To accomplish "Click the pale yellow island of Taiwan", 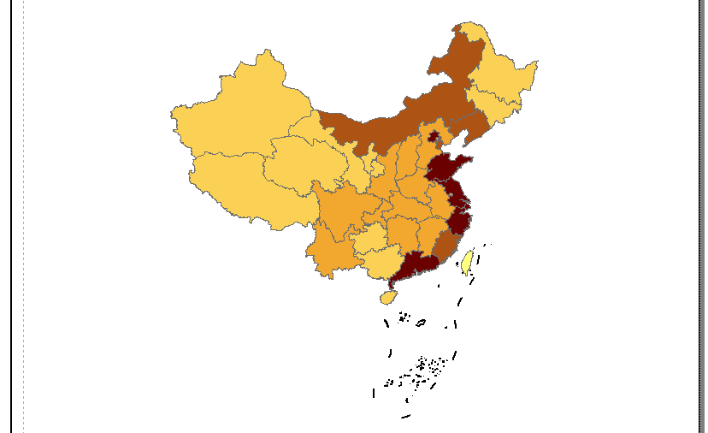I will coord(467,261).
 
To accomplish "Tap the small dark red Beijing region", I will coord(434,136).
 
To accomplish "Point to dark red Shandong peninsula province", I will coord(445,168).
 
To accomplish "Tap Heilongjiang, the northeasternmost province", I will coord(504,77).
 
